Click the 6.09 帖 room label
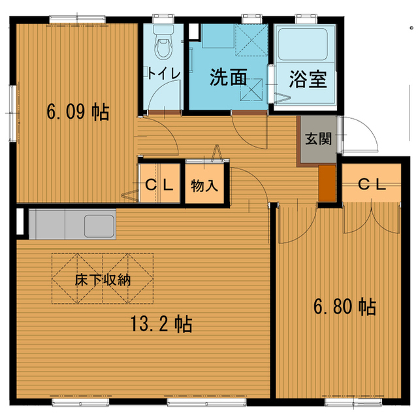click(x=77, y=112)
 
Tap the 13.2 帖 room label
click(x=159, y=324)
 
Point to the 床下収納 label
click(x=103, y=280)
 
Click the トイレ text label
click(x=163, y=72)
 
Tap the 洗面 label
click(x=228, y=78)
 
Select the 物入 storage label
click(x=204, y=185)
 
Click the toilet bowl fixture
click(x=163, y=46)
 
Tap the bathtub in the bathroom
click(x=304, y=46)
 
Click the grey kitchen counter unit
click(x=72, y=224)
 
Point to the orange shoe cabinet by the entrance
click(x=327, y=183)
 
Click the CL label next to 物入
click(x=159, y=184)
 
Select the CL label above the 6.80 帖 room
click(x=372, y=184)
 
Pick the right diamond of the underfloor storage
click(x=128, y=279)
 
